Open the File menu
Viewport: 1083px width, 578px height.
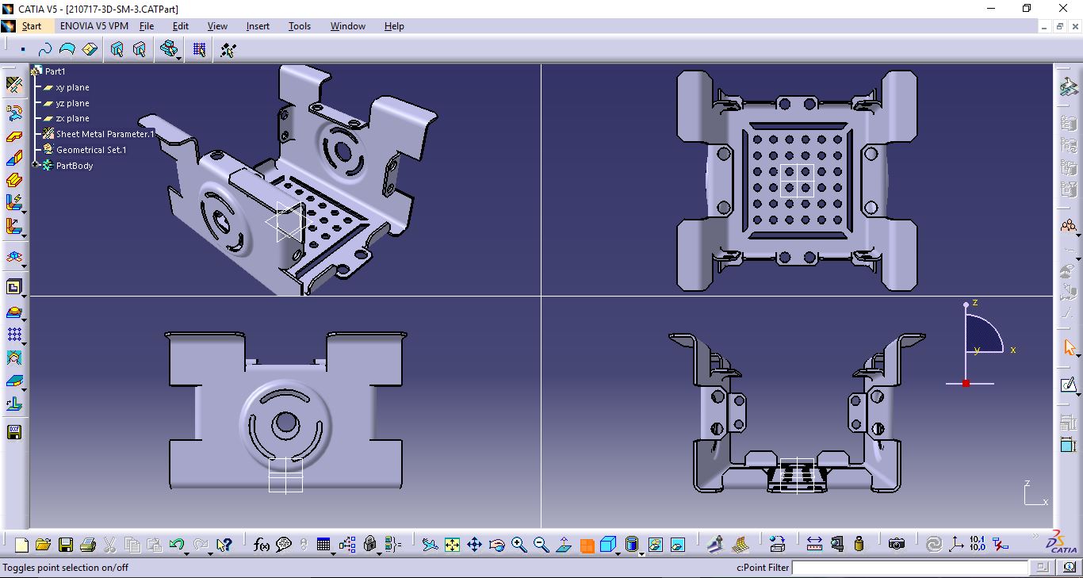147,26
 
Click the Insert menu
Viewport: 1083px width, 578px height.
258,26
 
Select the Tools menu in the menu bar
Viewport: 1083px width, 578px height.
299,26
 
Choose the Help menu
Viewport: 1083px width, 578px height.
394,26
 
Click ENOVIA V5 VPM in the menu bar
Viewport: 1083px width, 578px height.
94,26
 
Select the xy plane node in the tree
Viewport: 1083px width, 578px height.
72,87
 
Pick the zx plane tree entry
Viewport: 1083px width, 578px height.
72,118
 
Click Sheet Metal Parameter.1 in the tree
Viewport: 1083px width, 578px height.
105,134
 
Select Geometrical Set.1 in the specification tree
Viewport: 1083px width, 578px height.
90,150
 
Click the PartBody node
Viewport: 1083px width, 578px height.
75,166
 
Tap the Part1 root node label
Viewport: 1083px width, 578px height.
55,71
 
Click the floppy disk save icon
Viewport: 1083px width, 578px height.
66,545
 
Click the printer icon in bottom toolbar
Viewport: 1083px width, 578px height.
88,545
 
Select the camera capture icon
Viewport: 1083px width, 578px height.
896,544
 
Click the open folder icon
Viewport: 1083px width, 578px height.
44,545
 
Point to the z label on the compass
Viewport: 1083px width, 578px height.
975,303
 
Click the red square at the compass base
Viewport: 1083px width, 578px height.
966,384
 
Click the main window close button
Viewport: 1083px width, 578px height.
1064,9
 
